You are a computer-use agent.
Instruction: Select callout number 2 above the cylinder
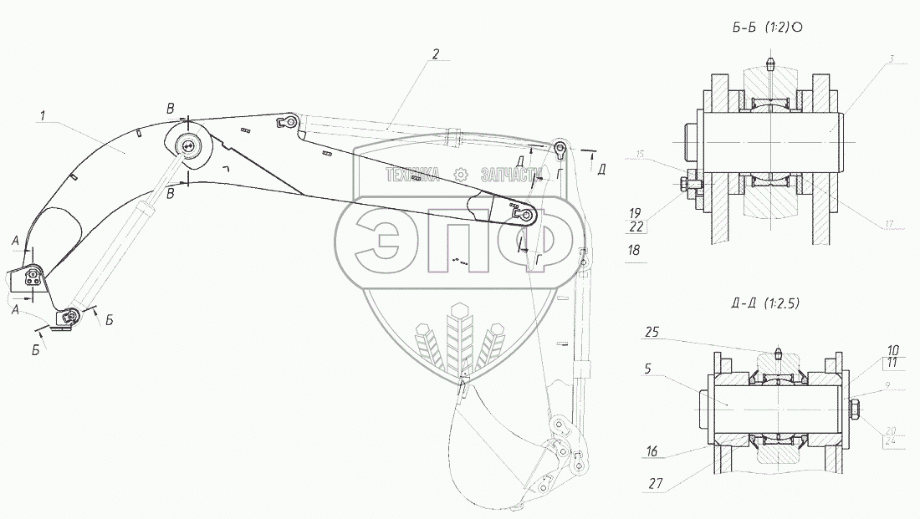pos(435,53)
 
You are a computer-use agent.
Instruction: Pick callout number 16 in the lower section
pos(652,452)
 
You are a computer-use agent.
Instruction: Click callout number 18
pos(633,250)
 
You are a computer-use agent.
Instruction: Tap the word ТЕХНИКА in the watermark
pos(412,175)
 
